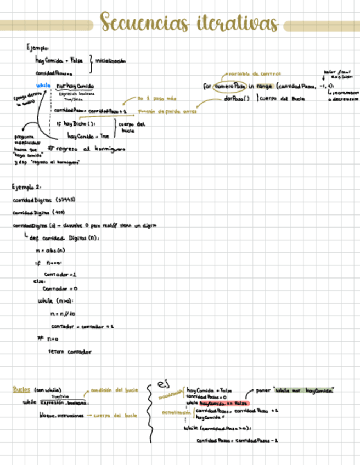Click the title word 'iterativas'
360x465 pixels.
(x=235, y=24)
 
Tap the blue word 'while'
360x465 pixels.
(x=43, y=86)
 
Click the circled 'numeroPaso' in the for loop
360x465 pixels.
(x=229, y=86)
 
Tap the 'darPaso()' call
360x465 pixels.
(x=237, y=99)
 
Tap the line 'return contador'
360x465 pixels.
(x=70, y=351)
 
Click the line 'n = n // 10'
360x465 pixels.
(x=62, y=314)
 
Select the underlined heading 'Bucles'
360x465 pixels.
(x=22, y=390)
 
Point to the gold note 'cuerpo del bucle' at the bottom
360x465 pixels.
(x=115, y=416)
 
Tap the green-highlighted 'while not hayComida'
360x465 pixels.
(x=305, y=390)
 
